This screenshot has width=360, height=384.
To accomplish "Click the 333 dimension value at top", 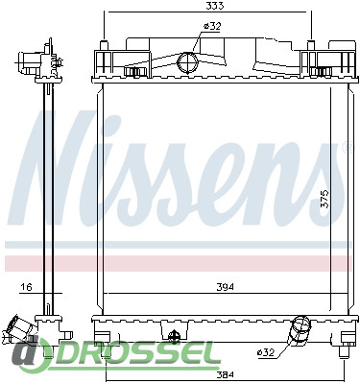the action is click(214, 6).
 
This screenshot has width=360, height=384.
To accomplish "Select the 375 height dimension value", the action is click(324, 200).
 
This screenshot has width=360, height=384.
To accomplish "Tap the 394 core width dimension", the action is click(225, 287).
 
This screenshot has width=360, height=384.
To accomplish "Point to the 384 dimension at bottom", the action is click(226, 374).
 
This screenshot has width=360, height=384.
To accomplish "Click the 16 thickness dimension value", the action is click(26, 287).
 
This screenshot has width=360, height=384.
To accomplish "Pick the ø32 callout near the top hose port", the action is click(212, 26).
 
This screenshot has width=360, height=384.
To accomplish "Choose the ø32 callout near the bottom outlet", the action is click(266, 352).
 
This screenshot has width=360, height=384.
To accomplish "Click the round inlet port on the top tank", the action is click(188, 62).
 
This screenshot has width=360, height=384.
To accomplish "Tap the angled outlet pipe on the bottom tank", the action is click(300, 330).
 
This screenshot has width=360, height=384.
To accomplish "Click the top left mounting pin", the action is click(104, 45).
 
